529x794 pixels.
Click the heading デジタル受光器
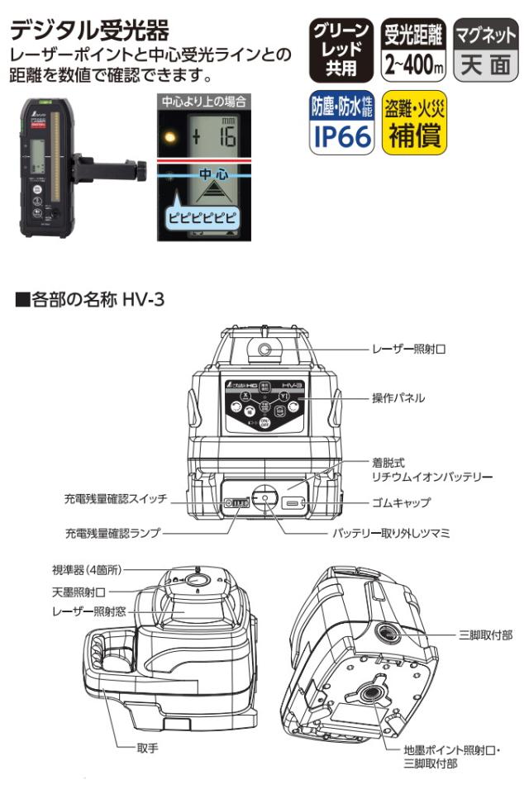coord(89,32)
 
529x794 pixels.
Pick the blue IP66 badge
coord(341,122)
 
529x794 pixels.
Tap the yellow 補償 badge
coord(415,122)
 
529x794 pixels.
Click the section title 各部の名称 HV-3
coord(90,298)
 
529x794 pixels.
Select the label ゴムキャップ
coord(403,502)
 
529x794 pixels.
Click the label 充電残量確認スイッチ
coord(116,500)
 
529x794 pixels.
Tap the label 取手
coord(146,749)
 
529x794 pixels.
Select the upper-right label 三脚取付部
coord(485,635)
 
